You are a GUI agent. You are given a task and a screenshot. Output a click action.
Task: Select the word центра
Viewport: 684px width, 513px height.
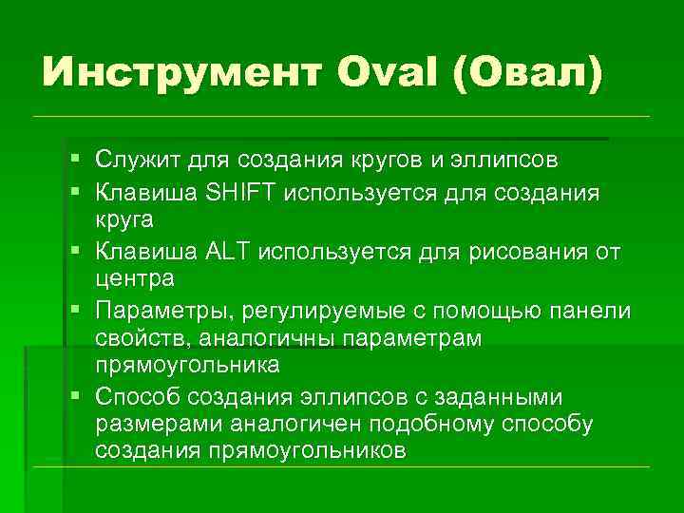tap(134, 279)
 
